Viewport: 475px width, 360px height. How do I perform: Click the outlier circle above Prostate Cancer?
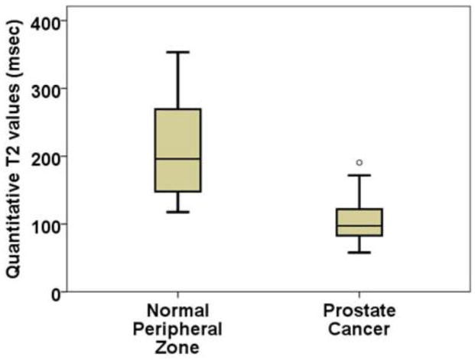(x=359, y=162)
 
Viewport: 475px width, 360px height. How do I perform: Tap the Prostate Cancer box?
(x=359, y=222)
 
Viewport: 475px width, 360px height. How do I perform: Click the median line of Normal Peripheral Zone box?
(x=177, y=159)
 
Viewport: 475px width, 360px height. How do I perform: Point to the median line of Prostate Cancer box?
(x=359, y=225)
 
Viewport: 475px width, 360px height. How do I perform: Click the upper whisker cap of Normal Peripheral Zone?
(x=177, y=52)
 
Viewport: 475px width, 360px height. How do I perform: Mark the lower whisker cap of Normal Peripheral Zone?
(x=177, y=212)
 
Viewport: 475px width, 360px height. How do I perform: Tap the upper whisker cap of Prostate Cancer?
(x=359, y=175)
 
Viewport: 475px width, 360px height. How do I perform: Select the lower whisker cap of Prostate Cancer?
(x=359, y=252)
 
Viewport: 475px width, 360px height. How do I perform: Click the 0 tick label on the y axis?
(x=55, y=292)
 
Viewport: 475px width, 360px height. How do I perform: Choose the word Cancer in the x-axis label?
(x=359, y=329)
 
